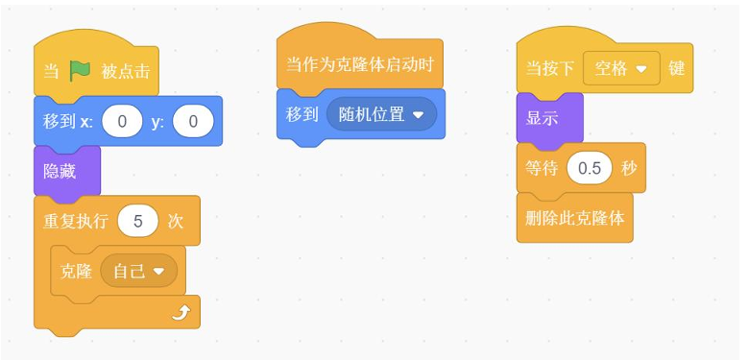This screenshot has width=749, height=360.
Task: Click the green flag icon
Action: (80, 71)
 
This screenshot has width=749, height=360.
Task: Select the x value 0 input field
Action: (122, 121)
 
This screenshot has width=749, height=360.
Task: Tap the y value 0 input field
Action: (193, 121)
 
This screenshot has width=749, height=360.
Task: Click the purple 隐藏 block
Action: (67, 172)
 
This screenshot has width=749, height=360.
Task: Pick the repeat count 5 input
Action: (138, 221)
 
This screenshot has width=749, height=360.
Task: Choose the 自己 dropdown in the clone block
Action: (139, 271)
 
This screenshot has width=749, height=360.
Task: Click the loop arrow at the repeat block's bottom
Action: (181, 313)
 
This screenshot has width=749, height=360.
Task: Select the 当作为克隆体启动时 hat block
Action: (360, 60)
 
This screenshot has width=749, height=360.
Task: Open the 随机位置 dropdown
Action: (381, 114)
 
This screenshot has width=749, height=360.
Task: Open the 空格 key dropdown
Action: (621, 68)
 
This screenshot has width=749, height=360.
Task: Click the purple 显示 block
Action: (550, 118)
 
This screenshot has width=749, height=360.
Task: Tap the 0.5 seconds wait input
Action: (590, 168)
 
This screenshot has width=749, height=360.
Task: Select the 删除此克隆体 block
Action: (575, 218)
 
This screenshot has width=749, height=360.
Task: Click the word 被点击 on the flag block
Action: (125, 72)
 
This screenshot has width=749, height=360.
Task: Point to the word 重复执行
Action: (76, 222)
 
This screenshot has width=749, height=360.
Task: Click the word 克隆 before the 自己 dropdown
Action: (76, 271)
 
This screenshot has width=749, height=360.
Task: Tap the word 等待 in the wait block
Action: (542, 168)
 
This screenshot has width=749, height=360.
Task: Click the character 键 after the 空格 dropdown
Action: (676, 69)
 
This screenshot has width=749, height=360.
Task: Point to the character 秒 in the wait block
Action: (629, 168)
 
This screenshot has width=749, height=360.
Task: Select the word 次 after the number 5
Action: (176, 222)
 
